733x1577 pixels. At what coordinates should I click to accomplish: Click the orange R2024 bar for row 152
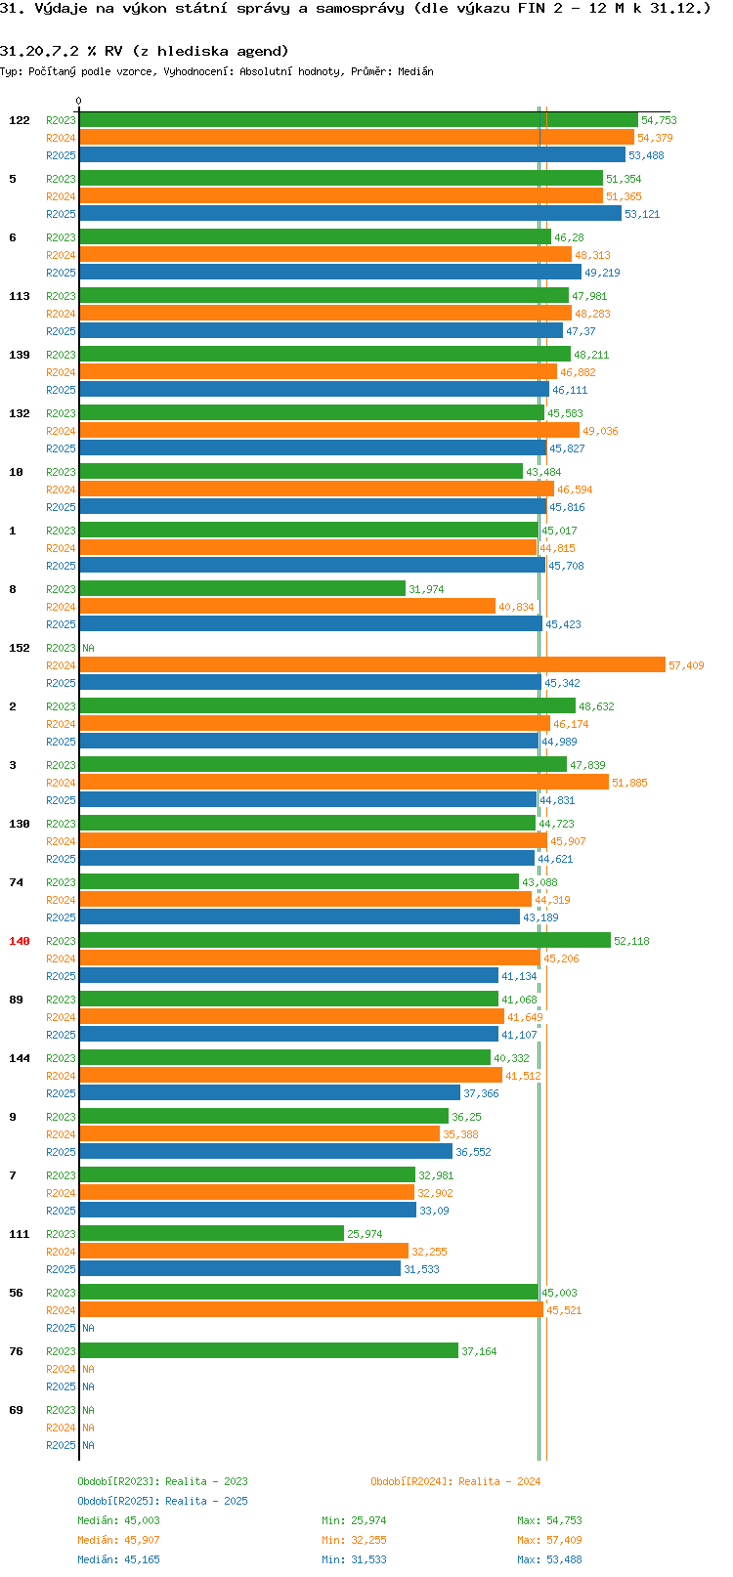[371, 664]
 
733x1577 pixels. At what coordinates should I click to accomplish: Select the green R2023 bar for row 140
[344, 940]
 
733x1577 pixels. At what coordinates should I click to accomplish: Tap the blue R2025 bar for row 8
[310, 623]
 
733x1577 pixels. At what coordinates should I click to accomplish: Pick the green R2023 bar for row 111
[211, 1233]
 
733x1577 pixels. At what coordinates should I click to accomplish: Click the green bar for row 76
[268, 1350]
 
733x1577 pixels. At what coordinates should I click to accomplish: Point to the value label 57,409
[685, 665]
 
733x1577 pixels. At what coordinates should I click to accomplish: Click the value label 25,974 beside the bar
[365, 1234]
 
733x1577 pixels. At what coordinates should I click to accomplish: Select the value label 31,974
[426, 589]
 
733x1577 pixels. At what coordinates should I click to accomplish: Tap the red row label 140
[20, 941]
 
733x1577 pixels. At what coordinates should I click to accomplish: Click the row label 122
[20, 120]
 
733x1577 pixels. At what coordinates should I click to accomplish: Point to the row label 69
[16, 1410]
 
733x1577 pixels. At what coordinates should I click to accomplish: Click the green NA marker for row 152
[88, 648]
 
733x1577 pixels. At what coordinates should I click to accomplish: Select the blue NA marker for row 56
[88, 1328]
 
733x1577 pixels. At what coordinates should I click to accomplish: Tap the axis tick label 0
[79, 101]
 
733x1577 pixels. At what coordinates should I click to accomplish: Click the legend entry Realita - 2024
[455, 1481]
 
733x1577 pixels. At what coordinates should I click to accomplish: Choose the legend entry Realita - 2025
[162, 1501]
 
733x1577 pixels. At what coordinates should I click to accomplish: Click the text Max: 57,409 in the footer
[549, 1540]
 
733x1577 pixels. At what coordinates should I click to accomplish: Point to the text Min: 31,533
[354, 1559]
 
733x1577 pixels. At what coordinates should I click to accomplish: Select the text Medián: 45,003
[118, 1520]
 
